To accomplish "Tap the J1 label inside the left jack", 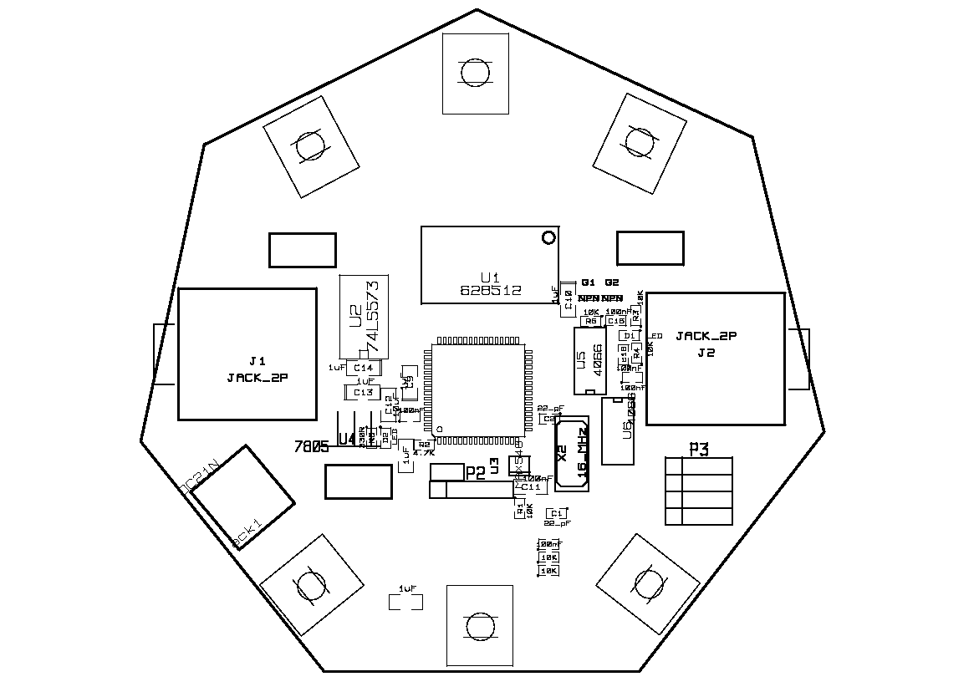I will click(257, 361).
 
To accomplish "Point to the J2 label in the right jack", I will click(706, 353).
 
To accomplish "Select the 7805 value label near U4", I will click(311, 446).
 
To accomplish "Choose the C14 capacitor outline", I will click(364, 368).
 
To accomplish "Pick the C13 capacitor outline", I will click(363, 392).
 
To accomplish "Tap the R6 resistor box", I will click(592, 321).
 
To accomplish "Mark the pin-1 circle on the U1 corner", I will click(548, 238).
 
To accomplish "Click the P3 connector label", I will click(699, 450).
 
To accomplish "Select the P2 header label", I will click(475, 473).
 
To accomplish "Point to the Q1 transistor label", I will click(589, 282).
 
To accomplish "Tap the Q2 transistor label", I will click(613, 282).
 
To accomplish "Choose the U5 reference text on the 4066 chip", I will click(580, 360).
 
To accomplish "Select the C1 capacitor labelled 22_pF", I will click(553, 513).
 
